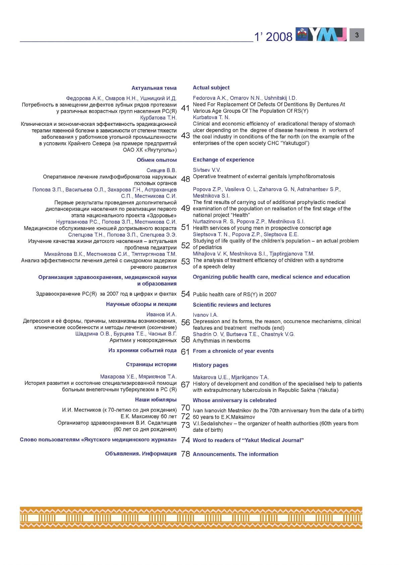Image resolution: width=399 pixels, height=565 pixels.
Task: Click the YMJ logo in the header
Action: pos(321,34)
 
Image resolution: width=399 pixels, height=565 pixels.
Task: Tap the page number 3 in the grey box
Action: pos(357,35)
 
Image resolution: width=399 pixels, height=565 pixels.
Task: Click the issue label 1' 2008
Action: pos(273,37)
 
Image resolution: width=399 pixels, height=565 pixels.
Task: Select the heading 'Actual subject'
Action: pos(211,88)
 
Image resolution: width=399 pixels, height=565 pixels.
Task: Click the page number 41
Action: pos(185,108)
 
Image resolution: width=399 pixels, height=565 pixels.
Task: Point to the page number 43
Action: pos(185,136)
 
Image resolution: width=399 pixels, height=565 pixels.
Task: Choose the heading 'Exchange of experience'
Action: pos(223,160)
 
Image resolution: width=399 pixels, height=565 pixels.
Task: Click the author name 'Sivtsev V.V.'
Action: pos(207,170)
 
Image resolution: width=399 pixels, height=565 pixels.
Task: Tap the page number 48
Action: pos(185,179)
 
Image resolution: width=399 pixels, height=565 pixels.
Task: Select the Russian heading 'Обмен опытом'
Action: pos(157,160)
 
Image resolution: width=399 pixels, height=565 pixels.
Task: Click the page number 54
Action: pos(185,294)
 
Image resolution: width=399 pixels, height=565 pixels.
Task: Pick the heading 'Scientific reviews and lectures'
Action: pos(232,305)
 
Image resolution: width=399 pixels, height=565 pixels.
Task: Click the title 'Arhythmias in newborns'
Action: pos(221,341)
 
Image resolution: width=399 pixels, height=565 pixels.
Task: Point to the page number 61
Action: pos(185,352)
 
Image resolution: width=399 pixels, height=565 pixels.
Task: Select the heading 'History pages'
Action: pos(210,365)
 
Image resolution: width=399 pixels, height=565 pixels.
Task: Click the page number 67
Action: pos(185,385)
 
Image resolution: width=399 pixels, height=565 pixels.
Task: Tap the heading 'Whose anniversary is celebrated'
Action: pos(234,400)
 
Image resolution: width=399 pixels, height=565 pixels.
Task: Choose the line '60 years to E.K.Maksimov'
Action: pos(224,417)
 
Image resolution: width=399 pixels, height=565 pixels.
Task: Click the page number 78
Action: pos(185,454)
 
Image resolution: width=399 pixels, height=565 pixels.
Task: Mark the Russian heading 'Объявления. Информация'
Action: pos(141,454)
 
